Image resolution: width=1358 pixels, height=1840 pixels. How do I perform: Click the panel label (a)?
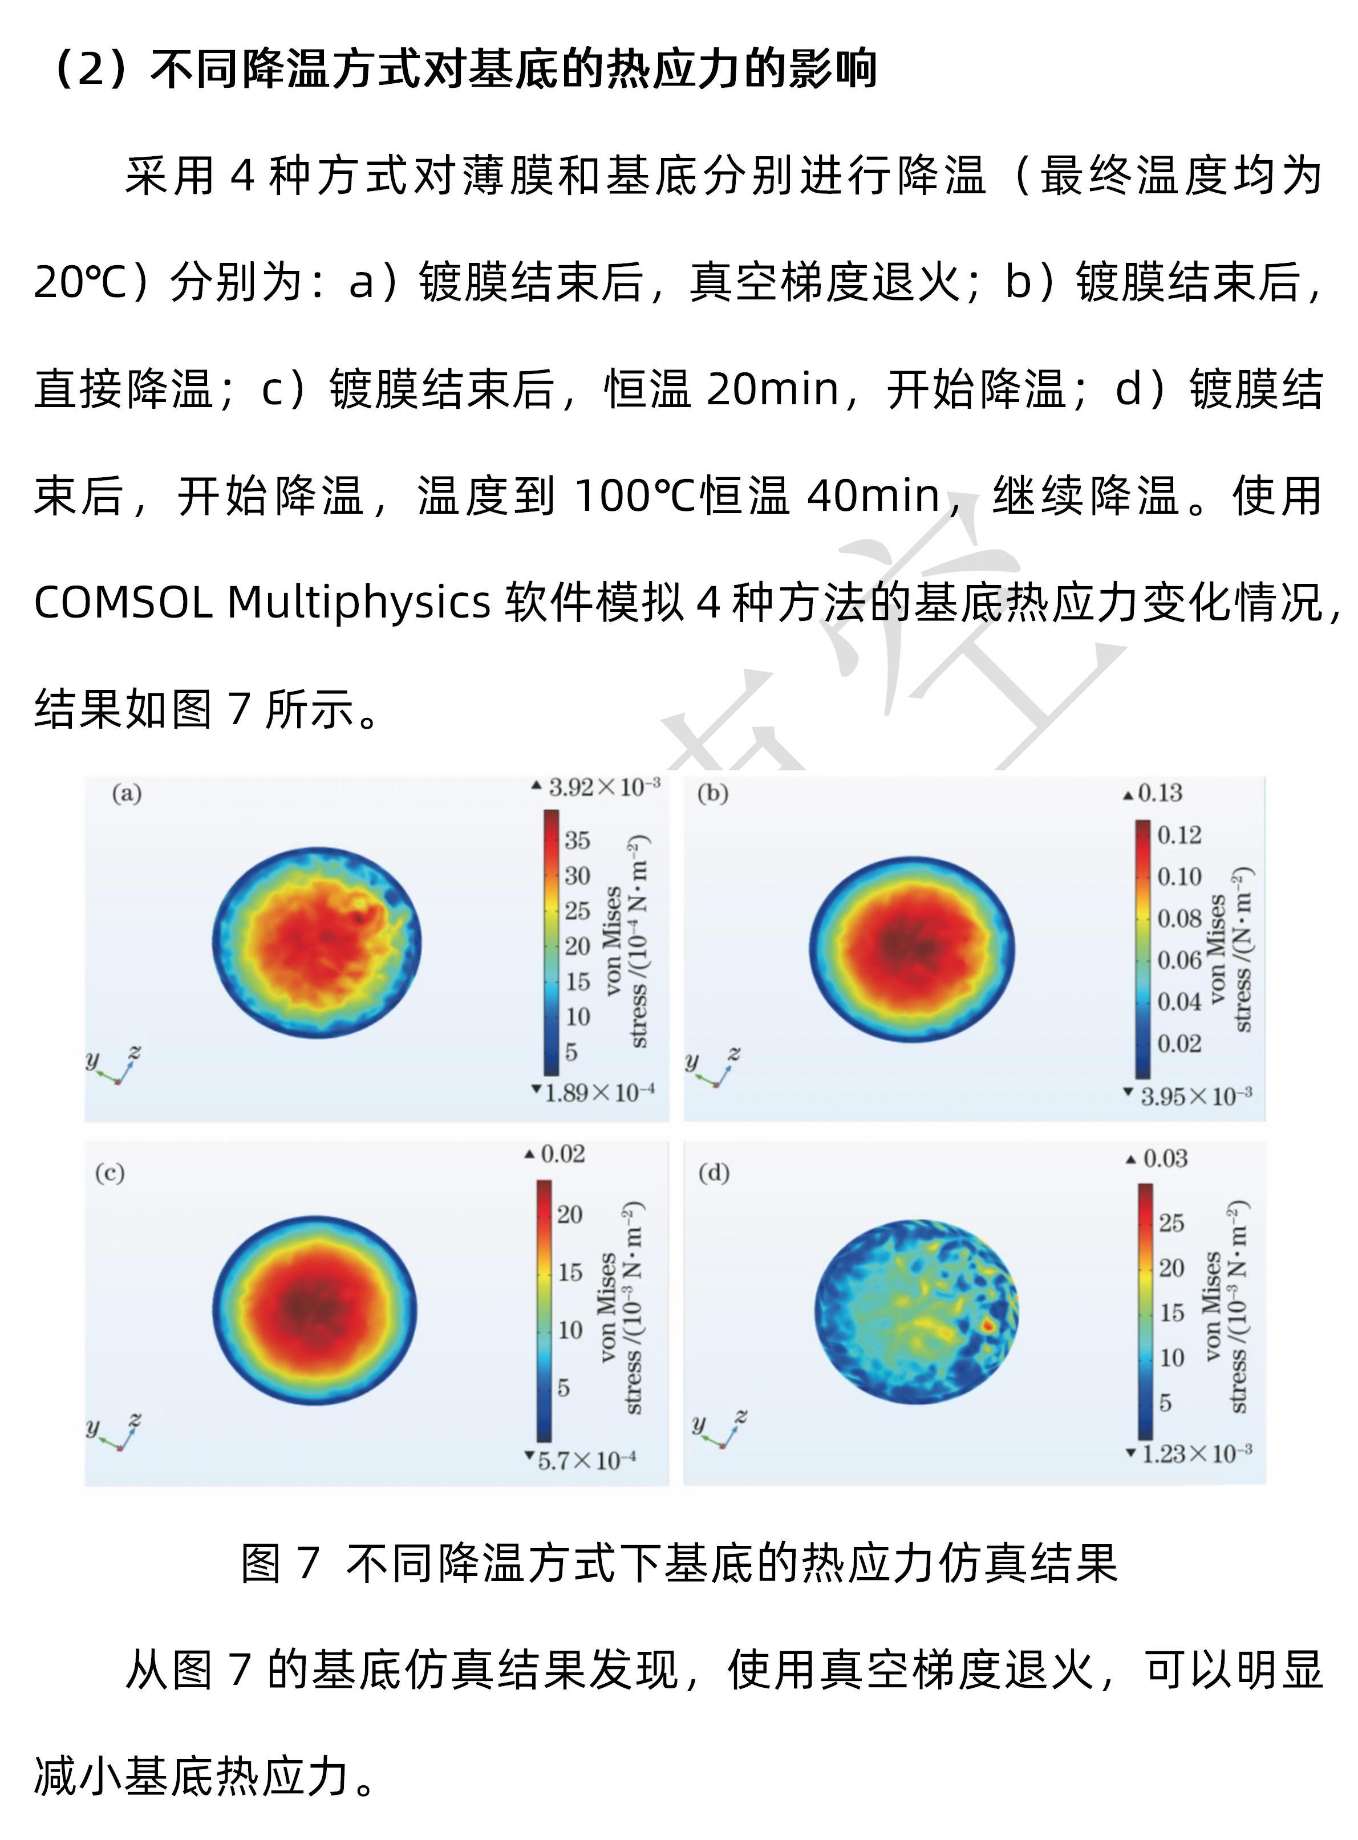coord(127,794)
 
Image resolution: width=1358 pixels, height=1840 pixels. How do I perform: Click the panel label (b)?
coord(712,794)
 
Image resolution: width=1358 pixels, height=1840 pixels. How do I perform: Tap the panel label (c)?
coord(110,1173)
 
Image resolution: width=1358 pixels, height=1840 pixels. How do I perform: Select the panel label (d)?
coord(714,1173)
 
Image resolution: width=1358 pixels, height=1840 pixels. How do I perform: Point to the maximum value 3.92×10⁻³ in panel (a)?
coord(603,787)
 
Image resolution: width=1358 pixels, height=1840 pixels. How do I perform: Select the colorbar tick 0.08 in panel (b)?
coord(1179,918)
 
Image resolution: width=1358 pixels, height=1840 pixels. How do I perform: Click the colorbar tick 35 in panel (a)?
coord(577,840)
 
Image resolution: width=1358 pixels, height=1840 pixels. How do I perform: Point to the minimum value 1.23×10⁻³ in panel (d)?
coord(1196,1454)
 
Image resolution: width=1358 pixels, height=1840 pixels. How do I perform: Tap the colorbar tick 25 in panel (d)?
coord(1171,1223)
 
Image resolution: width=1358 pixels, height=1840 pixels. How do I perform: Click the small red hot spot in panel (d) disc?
coord(989,1325)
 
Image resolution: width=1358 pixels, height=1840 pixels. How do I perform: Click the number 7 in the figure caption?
coord(308,1562)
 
